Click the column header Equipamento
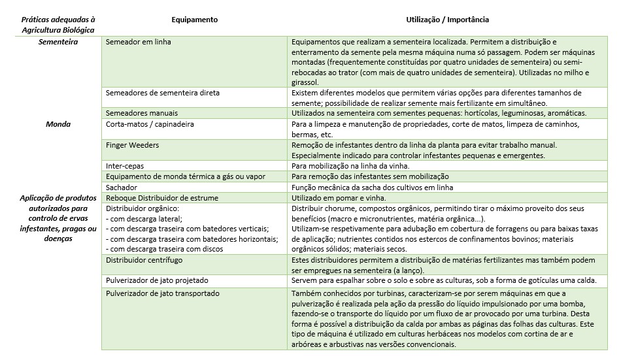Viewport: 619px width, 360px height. click(194, 20)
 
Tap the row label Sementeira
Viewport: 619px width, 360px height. click(58, 42)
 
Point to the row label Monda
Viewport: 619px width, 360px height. click(58, 124)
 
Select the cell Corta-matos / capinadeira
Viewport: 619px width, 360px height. click(150, 124)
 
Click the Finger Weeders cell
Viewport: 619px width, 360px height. click(132, 144)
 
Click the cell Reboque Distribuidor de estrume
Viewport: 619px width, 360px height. click(161, 197)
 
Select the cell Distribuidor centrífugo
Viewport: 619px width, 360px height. click(144, 260)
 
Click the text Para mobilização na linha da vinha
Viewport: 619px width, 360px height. click(353, 166)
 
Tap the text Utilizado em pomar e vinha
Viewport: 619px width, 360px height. click(339, 197)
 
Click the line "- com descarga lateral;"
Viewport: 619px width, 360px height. click(144, 218)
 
